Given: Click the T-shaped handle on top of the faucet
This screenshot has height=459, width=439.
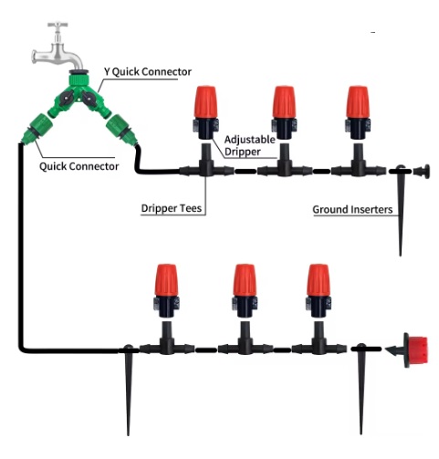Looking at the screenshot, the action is [x=57, y=25].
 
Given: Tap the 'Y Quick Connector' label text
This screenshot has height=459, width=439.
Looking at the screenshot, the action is [x=148, y=72].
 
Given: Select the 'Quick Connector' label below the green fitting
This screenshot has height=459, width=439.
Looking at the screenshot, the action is [x=78, y=166].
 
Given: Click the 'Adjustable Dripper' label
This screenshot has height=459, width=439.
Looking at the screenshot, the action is [x=249, y=146].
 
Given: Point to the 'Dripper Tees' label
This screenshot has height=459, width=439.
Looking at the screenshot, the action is [x=172, y=208].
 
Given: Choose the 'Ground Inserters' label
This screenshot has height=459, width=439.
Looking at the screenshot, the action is [x=352, y=210].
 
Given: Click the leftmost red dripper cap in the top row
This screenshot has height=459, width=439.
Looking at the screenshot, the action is [x=206, y=102].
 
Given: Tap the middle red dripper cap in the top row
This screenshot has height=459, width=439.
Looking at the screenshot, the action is [x=284, y=102].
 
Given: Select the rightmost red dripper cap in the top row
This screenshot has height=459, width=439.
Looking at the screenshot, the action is [x=358, y=102].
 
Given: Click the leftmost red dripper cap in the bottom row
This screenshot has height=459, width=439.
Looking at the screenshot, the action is [x=166, y=280].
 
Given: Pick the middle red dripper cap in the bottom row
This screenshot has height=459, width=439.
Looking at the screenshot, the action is [x=245, y=280].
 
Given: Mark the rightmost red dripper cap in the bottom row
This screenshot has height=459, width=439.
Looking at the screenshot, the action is [x=319, y=280].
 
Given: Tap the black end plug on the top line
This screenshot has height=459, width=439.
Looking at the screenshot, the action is [x=422, y=172].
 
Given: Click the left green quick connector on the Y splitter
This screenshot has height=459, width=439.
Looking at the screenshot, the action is [x=37, y=128].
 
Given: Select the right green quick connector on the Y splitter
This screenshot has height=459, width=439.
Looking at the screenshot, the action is [x=121, y=130].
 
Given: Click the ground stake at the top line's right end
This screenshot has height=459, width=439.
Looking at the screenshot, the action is [x=401, y=210].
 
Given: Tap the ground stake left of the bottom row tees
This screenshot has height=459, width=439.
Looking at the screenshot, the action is [x=128, y=390].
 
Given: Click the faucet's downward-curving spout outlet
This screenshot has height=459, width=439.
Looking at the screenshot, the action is [x=76, y=63].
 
